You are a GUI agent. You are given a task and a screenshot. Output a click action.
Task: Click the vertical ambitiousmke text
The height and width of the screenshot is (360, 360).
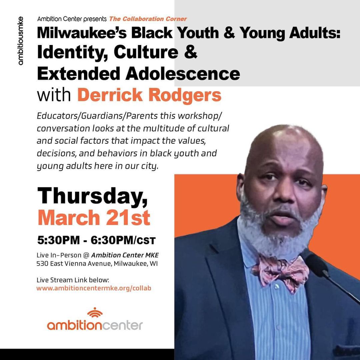pos(21,40)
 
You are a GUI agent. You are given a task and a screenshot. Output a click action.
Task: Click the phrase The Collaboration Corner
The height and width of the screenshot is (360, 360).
pos(148,19)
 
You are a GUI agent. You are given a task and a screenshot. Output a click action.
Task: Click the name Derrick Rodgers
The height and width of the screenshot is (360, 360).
pos(149,95)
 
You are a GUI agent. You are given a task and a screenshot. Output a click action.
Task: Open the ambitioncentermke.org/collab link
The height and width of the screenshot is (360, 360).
pos(94,288)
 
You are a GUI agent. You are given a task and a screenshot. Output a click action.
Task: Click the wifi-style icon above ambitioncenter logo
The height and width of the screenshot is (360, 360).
pos(95,312)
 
